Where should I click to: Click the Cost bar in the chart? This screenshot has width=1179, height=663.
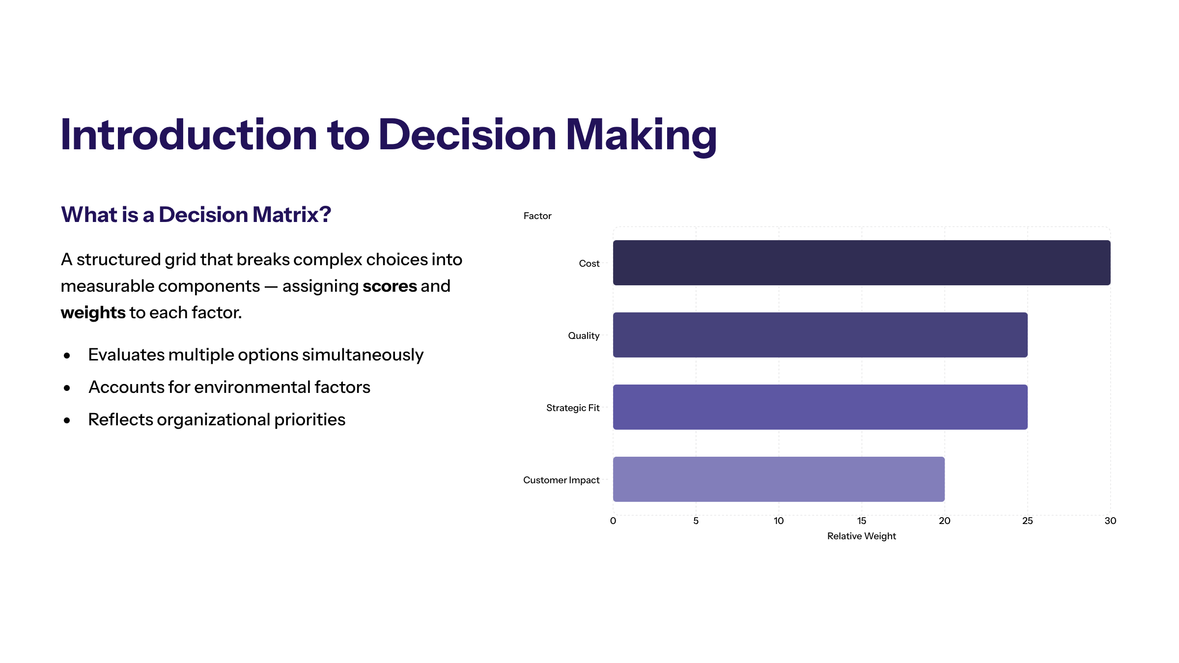tap(862, 263)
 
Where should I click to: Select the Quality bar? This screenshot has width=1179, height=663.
tap(820, 335)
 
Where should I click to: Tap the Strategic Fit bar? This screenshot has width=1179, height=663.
tap(820, 407)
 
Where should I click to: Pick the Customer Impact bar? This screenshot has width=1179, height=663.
tap(779, 479)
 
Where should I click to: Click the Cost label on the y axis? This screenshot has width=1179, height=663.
tap(589, 263)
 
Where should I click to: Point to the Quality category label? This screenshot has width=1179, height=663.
tap(584, 336)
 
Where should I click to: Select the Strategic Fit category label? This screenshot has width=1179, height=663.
tap(573, 408)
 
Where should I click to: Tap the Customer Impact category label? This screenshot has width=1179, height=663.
tap(561, 480)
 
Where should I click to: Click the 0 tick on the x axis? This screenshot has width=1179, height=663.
tap(613, 521)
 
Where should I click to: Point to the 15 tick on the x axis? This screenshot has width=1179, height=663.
tap(862, 521)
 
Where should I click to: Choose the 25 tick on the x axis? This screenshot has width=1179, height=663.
tap(1028, 521)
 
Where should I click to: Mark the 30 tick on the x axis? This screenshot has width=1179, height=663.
tap(1111, 521)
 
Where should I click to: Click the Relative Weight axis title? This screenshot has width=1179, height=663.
tap(862, 536)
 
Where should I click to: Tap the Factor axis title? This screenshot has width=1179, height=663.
tap(537, 216)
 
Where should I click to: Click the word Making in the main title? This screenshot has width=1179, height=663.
tap(641, 136)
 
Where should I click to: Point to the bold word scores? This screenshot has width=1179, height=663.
tap(390, 286)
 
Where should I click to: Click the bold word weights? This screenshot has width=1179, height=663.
tap(93, 313)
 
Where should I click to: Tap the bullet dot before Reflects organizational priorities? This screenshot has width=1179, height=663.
tap(67, 420)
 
